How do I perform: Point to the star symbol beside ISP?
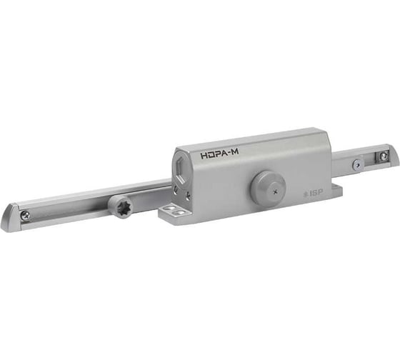point(304,194)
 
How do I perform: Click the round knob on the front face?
point(267,187)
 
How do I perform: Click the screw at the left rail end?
point(25,214)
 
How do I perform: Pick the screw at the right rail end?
point(384,156)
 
